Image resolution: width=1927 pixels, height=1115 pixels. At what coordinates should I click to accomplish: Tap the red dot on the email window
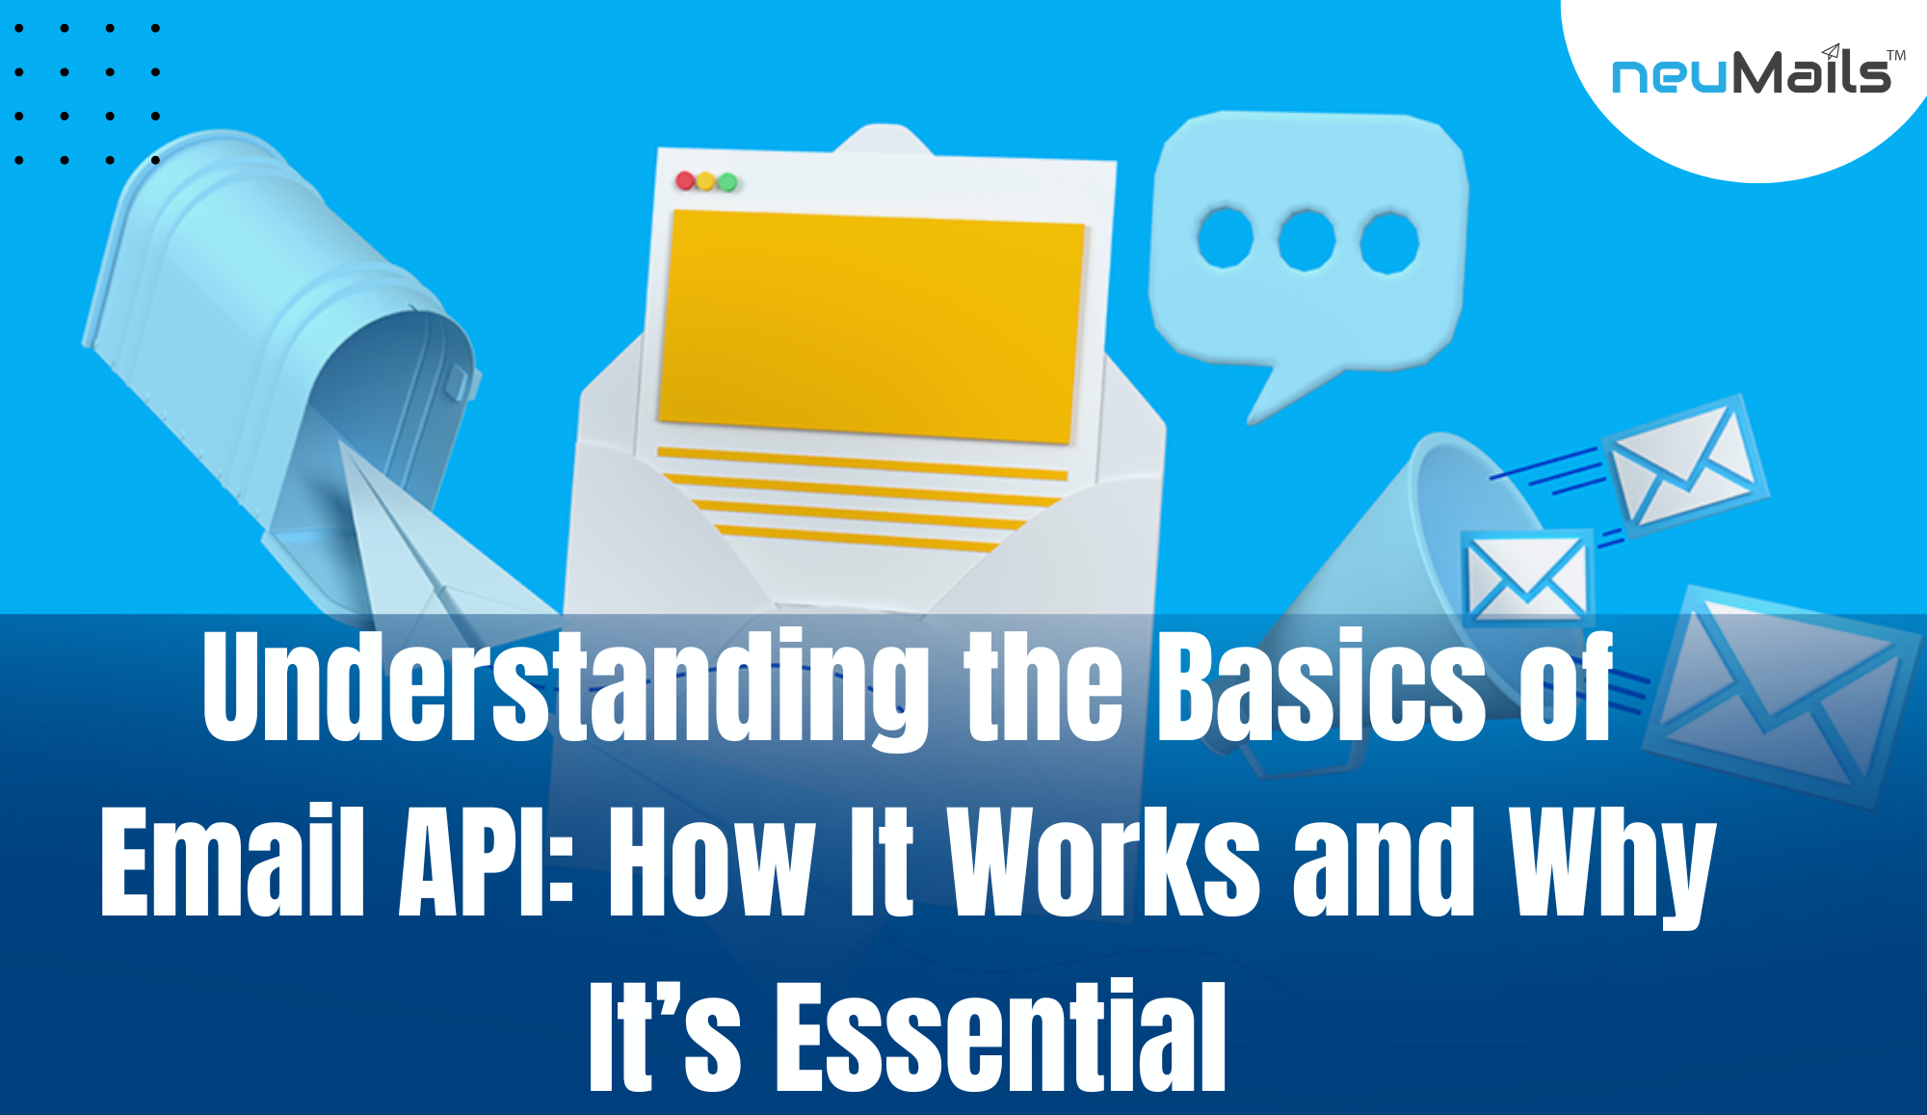point(685,180)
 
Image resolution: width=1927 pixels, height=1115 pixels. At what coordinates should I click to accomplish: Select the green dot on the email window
point(727,182)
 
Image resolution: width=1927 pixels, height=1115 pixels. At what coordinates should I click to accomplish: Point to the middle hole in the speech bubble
point(1306,239)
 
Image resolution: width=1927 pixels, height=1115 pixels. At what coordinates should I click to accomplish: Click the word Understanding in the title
point(565,687)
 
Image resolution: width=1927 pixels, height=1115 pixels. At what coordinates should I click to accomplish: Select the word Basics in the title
point(1320,687)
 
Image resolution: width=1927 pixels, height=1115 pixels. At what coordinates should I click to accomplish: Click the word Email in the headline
point(232,861)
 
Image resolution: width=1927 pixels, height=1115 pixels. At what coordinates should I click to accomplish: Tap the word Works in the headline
point(1103,861)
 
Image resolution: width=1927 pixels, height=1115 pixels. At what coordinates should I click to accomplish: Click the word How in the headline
point(712,861)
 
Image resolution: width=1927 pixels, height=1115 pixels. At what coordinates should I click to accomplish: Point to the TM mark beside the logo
point(1896,55)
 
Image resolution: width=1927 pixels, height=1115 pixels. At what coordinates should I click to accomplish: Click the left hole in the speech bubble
point(1225,236)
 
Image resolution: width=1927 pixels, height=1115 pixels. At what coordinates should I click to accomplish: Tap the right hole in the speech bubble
point(1388,241)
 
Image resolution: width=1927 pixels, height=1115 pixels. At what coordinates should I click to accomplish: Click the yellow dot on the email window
point(706,181)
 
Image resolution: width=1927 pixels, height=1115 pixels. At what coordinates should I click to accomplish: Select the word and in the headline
point(1385,861)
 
